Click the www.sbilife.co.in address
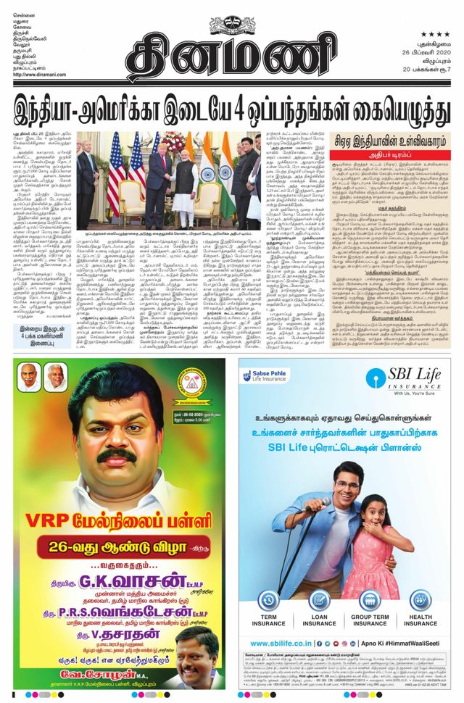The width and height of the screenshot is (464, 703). click(280, 643)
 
